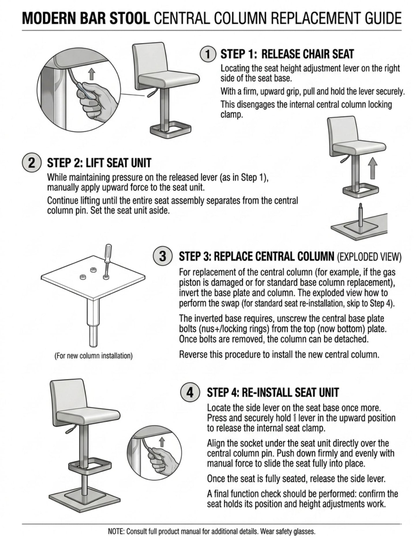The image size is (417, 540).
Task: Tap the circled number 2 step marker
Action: pyautogui.click(x=31, y=163)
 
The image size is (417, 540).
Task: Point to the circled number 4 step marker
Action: pyautogui.click(x=190, y=392)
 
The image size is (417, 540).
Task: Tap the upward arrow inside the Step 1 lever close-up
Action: pyautogui.click(x=91, y=74)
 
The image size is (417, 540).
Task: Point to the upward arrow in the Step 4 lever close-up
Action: pyautogui.click(x=162, y=442)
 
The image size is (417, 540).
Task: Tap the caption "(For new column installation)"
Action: pyautogui.click(x=94, y=355)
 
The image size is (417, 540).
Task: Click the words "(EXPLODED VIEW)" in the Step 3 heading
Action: pyautogui.click(x=369, y=256)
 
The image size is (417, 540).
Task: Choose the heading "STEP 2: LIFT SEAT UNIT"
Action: pyautogui.click(x=99, y=163)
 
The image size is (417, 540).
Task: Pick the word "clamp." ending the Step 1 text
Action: pyautogui.click(x=232, y=114)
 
